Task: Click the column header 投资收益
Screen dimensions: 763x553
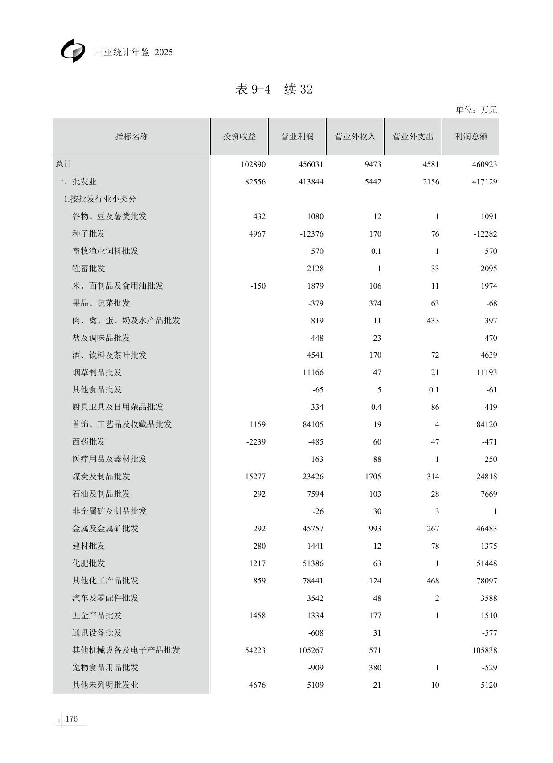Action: [x=239, y=137]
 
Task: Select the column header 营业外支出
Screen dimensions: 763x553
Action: [x=413, y=137]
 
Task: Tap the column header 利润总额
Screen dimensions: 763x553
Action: [x=471, y=137]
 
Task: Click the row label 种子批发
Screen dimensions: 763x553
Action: [x=89, y=234]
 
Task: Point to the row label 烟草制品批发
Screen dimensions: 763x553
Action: [x=97, y=372]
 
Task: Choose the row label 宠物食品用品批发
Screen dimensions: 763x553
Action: [x=105, y=667]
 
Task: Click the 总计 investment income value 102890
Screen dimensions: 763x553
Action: [x=253, y=164]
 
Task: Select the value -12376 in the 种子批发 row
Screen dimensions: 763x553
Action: [x=311, y=234]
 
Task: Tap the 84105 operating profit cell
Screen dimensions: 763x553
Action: [x=313, y=424]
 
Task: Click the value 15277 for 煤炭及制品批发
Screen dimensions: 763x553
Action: [x=255, y=477]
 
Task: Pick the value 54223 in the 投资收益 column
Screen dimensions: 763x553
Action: [x=255, y=650]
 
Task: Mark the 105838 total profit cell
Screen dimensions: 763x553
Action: [x=485, y=650]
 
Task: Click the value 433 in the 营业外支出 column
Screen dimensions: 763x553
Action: [x=433, y=321]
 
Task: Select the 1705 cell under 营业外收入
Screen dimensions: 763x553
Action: [x=373, y=477]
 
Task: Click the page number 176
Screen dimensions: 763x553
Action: [x=71, y=718]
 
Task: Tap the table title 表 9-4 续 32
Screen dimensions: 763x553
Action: [x=274, y=89]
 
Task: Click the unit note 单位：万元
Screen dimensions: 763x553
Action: [x=476, y=110]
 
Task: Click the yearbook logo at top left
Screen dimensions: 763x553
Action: [x=73, y=51]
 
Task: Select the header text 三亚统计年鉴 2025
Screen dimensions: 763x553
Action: [x=134, y=52]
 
